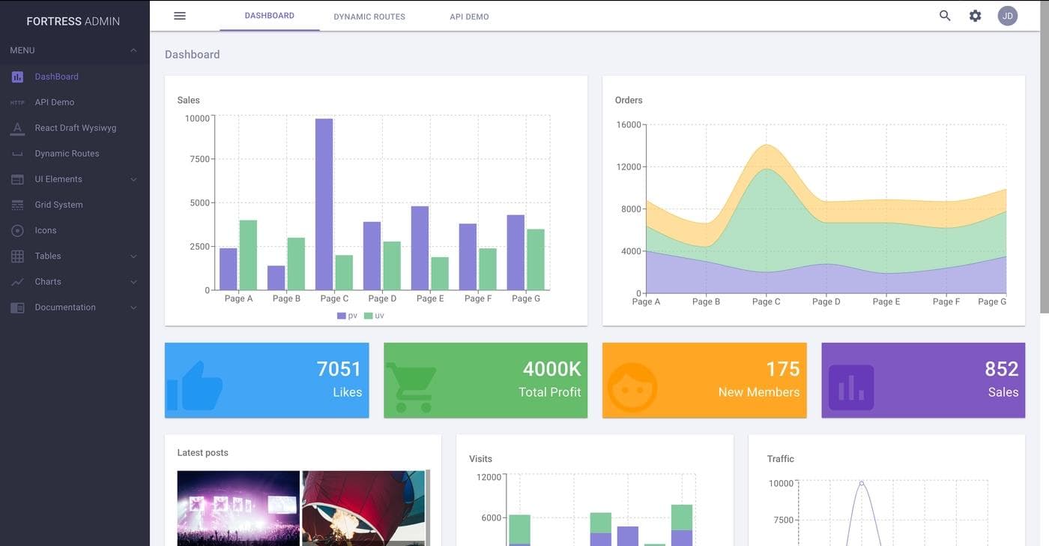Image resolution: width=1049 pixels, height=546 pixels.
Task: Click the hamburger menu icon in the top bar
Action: [x=180, y=16]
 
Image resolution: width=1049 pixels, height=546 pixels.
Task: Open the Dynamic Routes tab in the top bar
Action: [x=369, y=16]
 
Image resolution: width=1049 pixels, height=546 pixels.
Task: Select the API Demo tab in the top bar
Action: [x=469, y=16]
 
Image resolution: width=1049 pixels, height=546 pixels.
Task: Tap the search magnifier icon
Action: [x=945, y=16]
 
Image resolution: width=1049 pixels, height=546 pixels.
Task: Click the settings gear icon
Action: [x=975, y=16]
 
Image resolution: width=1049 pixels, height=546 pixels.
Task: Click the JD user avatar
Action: [x=1008, y=16]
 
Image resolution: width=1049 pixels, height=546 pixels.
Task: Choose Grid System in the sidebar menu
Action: [x=58, y=205]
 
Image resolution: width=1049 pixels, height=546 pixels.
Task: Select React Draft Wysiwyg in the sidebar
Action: [x=75, y=128]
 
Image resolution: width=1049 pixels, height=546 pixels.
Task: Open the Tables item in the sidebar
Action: [x=48, y=256]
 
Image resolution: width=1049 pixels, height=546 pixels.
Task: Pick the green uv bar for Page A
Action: [x=248, y=255]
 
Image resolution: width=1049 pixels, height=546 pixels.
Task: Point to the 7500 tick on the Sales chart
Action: [x=199, y=159]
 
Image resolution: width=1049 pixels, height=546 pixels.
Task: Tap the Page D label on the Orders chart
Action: [x=826, y=301]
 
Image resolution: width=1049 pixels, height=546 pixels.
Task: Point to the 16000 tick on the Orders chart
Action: [x=629, y=124]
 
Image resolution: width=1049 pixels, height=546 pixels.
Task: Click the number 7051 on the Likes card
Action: [x=339, y=369]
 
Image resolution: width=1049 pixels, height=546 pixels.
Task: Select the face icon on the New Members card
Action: [x=632, y=387]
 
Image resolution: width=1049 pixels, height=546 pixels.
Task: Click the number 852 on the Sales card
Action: [x=1001, y=369]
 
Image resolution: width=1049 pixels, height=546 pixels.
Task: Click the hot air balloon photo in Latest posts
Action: [x=363, y=507]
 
